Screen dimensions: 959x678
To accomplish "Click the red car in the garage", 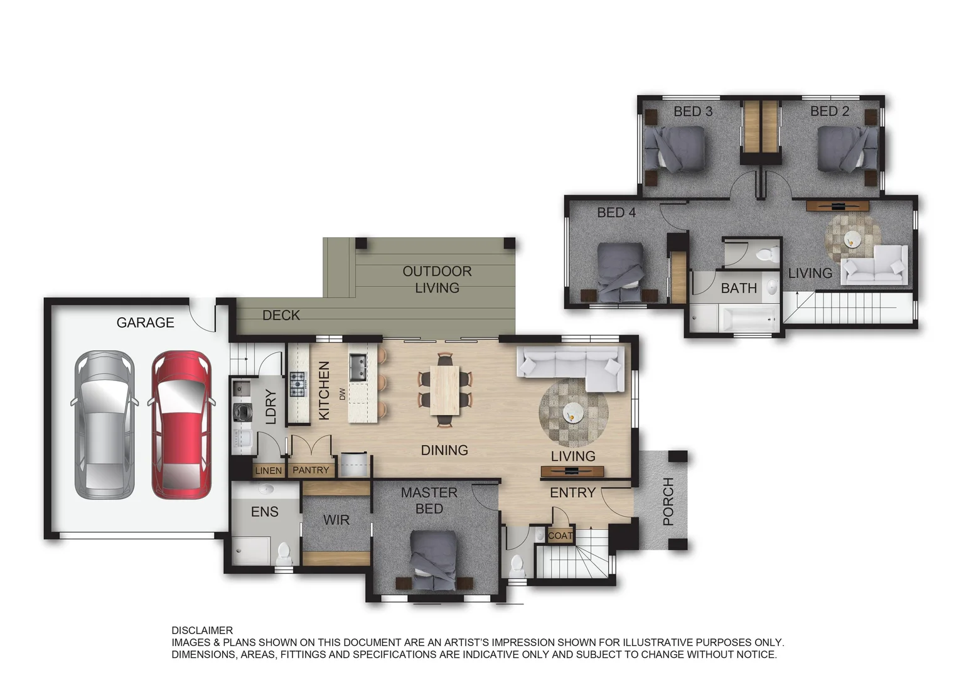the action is [x=181, y=424].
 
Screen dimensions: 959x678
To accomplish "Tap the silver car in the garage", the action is [x=104, y=424].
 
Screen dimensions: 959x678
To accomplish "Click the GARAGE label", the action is [x=145, y=323].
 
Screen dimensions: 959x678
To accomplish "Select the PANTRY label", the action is [x=311, y=470].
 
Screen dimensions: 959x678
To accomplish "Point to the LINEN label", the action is [x=269, y=471].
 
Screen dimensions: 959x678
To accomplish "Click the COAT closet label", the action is [x=560, y=535].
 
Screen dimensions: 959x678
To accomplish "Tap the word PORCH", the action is [x=668, y=502].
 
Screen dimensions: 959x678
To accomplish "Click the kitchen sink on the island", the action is [x=358, y=367].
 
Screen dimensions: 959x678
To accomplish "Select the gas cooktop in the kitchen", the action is [x=298, y=384].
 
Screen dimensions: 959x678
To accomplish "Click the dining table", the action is [x=445, y=390].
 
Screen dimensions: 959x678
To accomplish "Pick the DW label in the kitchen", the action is [x=342, y=394].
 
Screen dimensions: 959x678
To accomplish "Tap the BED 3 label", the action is [x=693, y=111].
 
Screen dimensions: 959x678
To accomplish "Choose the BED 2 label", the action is [x=830, y=111].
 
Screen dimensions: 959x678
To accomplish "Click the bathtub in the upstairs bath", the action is [x=749, y=320].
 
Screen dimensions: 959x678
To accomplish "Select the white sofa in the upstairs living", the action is [x=874, y=266].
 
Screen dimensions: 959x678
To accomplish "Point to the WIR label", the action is [x=336, y=520].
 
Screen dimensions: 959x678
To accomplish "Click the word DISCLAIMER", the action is [x=202, y=630].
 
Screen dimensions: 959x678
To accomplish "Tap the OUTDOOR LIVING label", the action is [x=437, y=279].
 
